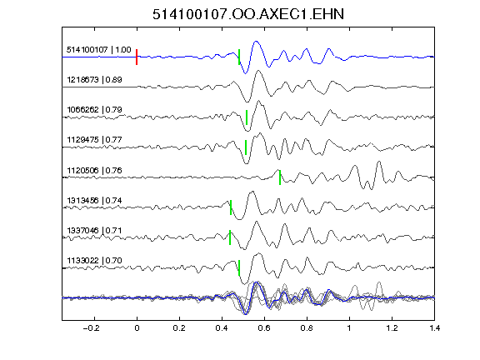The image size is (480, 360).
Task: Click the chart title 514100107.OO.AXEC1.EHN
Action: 248,14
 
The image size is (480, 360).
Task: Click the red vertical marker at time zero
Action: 137,57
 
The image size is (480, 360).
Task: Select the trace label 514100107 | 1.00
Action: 99,50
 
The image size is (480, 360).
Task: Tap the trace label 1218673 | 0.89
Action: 95,80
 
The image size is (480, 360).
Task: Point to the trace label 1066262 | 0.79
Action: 95,110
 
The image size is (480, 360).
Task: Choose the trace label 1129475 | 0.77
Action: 95,140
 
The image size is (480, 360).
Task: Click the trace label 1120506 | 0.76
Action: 95,170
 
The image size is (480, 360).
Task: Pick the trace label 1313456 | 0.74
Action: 95,201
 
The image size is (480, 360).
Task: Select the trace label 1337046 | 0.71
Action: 95,230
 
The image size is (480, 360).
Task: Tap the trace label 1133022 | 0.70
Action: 95,261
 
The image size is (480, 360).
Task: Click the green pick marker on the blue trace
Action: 239,57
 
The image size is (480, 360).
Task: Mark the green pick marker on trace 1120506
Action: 280,177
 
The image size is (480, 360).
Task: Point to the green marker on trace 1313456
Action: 231,207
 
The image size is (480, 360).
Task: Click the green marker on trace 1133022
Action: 239,267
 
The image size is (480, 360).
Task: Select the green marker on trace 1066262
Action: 247,117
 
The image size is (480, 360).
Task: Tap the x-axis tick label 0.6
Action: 264,328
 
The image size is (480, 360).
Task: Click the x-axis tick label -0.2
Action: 92,328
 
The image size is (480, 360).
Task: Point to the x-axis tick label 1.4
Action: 434,328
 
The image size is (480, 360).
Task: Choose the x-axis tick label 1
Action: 349,328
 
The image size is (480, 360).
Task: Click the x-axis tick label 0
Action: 137,328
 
